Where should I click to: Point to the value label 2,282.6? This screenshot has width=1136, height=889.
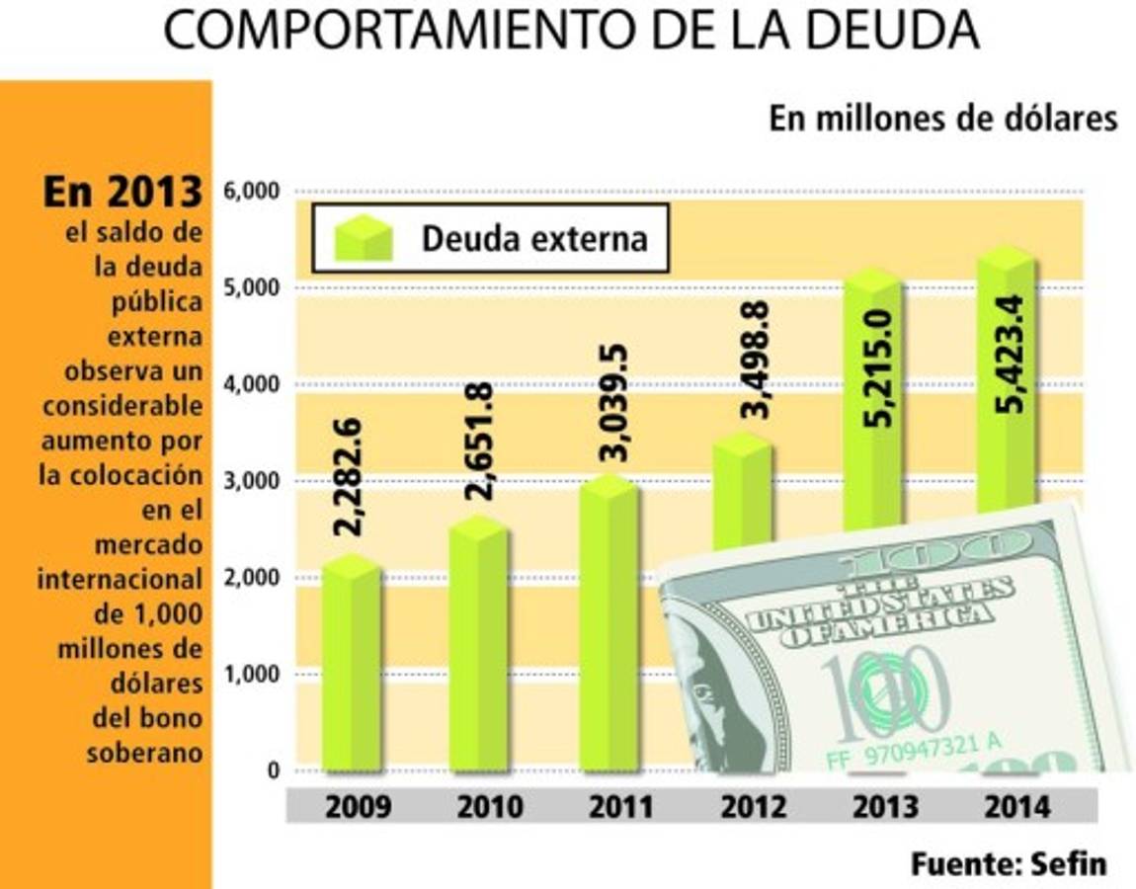349,477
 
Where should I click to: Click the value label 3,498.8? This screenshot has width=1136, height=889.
757,360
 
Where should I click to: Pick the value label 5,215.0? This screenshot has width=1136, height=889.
877,366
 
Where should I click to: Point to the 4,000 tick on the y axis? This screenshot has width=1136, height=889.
252,384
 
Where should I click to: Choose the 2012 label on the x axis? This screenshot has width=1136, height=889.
753,807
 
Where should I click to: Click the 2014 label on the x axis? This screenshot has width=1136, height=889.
1016,807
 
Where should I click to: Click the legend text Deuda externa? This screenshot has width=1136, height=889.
534,238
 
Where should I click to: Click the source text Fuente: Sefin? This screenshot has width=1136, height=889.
1008,863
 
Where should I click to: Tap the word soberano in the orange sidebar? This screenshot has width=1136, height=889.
144,752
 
